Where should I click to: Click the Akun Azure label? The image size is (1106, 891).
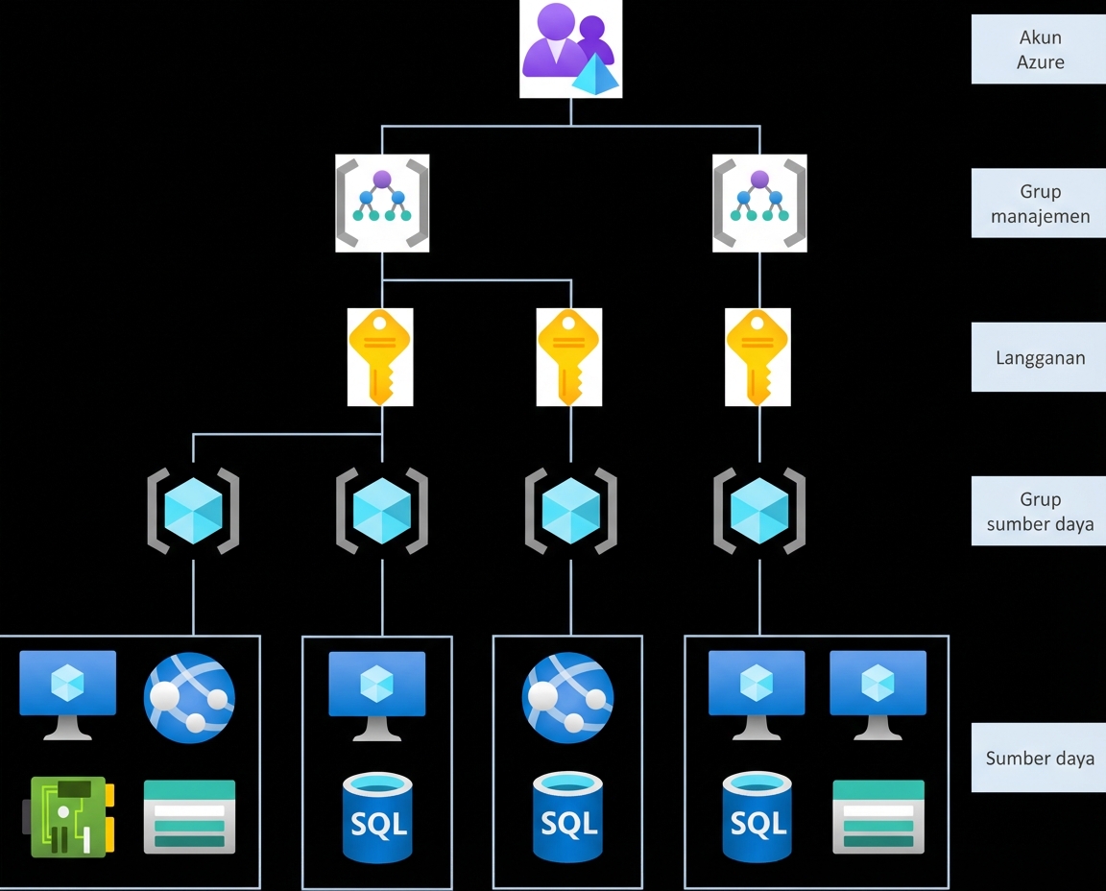point(1039,50)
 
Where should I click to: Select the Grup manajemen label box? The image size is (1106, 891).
point(1039,204)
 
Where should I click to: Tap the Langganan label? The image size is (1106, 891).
point(1039,357)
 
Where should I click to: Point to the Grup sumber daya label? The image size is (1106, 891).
point(1039,511)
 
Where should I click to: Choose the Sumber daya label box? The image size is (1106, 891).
point(1039,758)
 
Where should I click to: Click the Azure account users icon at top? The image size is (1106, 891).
point(570,48)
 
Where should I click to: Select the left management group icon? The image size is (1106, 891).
point(382,204)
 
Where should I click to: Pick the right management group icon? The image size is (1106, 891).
point(759,204)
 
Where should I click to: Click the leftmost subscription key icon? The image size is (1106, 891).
point(381,357)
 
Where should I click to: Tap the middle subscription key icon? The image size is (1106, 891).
point(569,357)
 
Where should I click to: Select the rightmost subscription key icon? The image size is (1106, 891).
point(758,357)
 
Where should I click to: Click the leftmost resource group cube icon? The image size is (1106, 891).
point(193,511)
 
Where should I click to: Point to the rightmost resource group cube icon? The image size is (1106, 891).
point(759,511)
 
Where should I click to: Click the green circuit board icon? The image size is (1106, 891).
point(68,816)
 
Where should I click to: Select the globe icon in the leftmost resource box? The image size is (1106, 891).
point(189,698)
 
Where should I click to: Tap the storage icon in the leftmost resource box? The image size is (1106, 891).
point(189,816)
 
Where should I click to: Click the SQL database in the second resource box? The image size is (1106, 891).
point(377,819)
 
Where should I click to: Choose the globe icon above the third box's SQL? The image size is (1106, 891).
point(567,698)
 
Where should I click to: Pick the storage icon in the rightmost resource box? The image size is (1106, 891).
point(878,816)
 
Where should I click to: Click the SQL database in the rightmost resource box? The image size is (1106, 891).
point(758,819)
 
